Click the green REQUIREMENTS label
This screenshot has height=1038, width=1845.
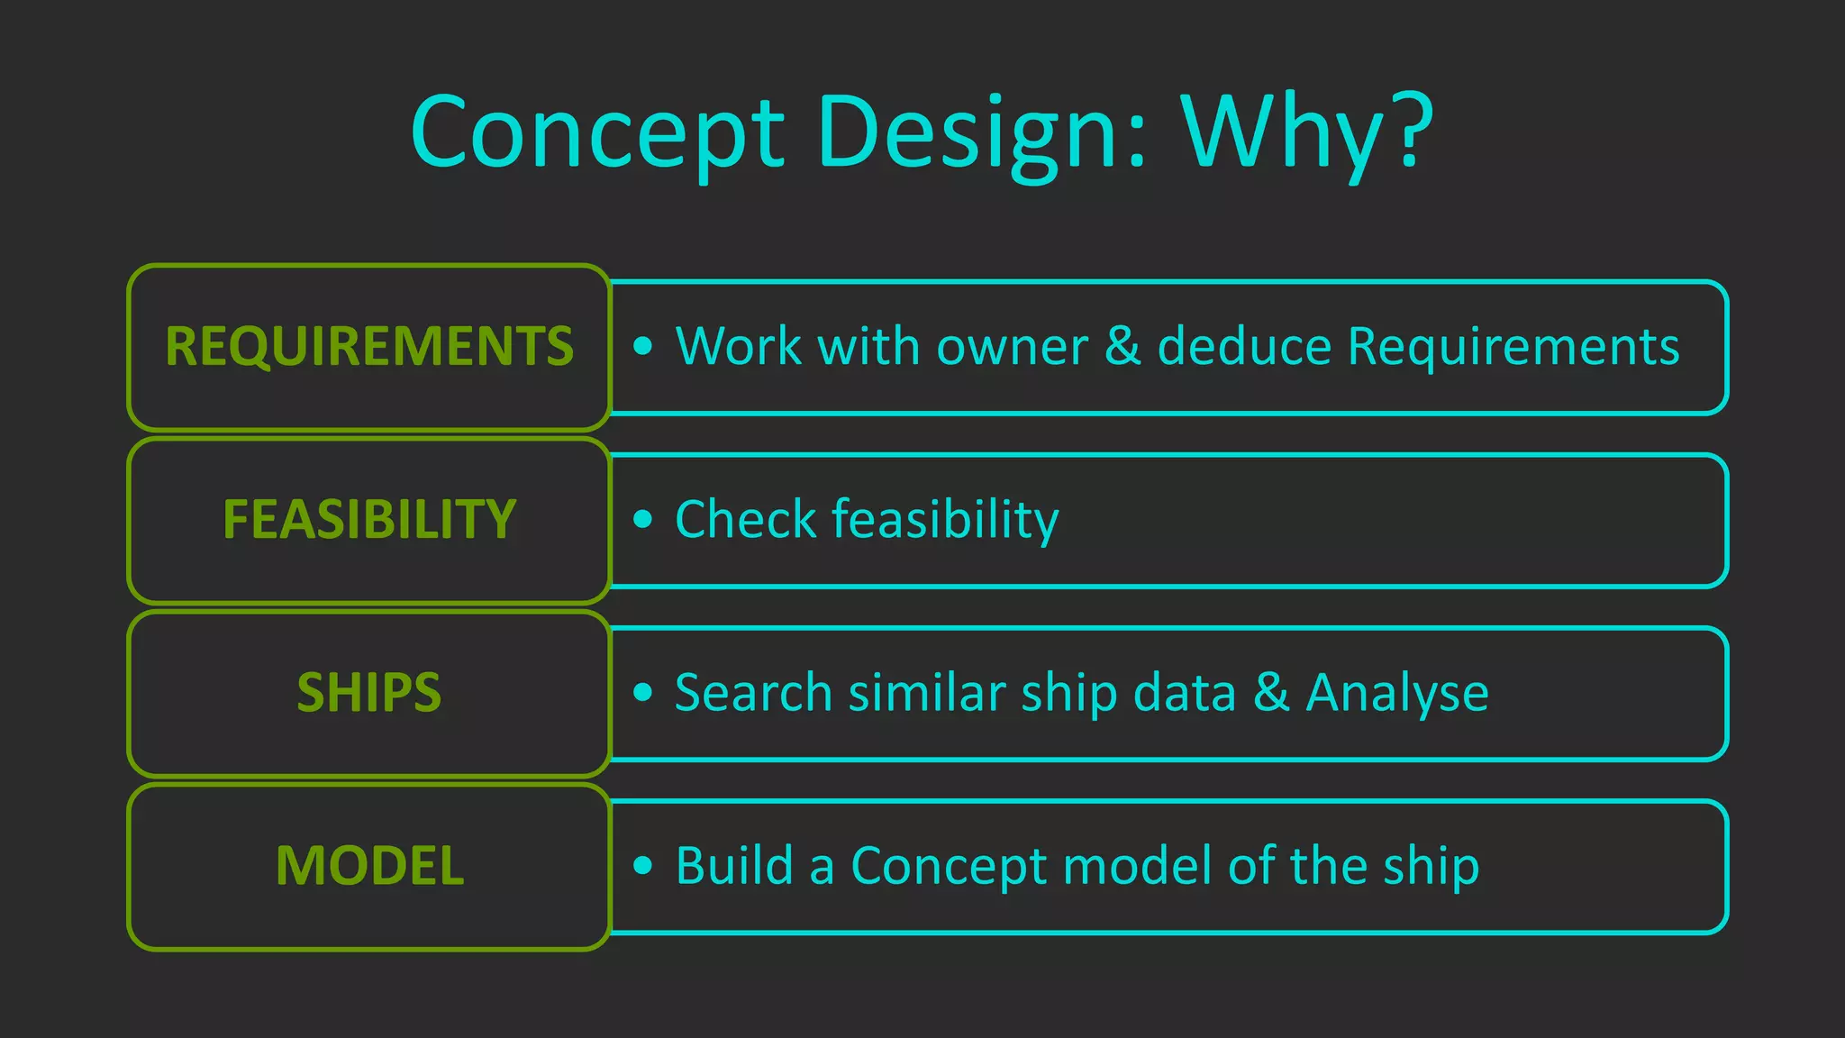tap(369, 347)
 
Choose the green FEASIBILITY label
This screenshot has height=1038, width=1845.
tap(369, 520)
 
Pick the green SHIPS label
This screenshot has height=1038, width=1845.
tap(369, 693)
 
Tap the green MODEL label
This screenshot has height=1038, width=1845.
tap(369, 866)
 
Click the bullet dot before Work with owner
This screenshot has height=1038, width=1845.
tap(642, 346)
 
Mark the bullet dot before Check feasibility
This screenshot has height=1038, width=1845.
tap(642, 519)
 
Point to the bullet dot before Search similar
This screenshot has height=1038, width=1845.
tap(642, 692)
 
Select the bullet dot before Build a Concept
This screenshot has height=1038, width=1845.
tap(642, 865)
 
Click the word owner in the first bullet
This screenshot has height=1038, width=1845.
tap(1013, 347)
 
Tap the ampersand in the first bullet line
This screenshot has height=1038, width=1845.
tap(1122, 346)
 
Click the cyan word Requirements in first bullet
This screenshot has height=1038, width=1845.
tap(1513, 347)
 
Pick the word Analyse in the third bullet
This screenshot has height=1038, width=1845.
tap(1397, 694)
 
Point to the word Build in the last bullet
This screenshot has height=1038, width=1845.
tap(734, 866)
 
